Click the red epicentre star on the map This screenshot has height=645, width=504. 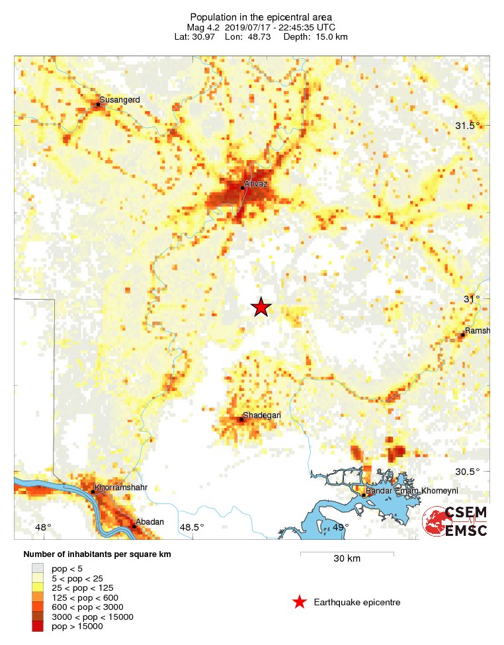[x=261, y=307]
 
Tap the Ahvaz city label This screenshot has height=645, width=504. [x=255, y=184]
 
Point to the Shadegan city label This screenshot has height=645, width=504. [x=261, y=415]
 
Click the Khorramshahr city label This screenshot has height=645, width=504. [x=120, y=488]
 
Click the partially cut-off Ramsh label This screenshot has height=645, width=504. [x=477, y=330]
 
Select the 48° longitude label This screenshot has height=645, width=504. [x=43, y=527]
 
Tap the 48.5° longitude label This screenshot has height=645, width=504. [x=192, y=527]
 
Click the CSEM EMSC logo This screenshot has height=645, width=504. [x=456, y=521]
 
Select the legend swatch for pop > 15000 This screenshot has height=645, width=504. [x=39, y=626]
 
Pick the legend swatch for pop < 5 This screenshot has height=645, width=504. [x=39, y=567]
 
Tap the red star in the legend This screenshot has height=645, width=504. [x=300, y=602]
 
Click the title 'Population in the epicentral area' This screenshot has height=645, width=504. [x=251, y=17]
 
